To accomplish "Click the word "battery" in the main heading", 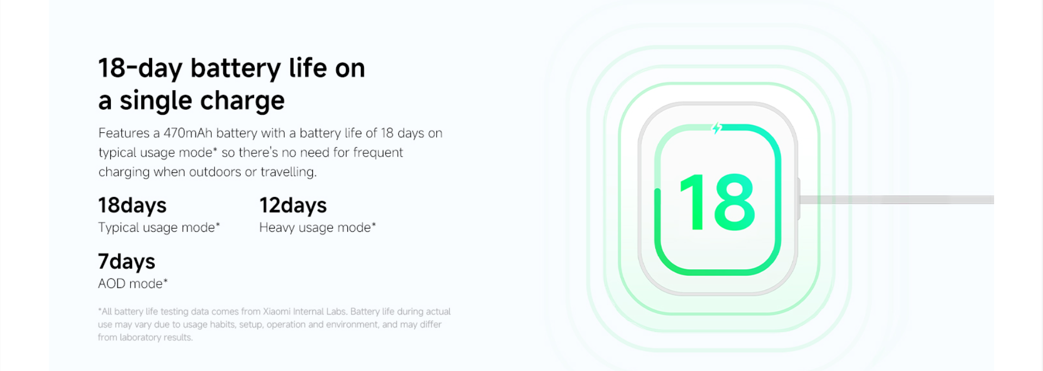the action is point(235,69).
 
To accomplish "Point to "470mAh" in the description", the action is point(188,133).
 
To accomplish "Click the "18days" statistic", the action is point(132,206).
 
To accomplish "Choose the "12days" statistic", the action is point(293,206).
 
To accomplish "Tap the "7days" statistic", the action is point(127,262).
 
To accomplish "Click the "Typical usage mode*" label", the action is point(159,227).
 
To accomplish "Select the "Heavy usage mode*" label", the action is point(317,227).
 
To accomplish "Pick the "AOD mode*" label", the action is point(133,283).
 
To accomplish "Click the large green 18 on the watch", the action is point(717,202).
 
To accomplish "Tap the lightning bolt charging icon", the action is point(717,128).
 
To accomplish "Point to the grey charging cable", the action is point(896,200).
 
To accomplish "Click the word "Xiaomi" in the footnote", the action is point(277,312).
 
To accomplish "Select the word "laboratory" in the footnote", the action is point(140,338).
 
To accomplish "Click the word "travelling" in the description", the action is point(288,172).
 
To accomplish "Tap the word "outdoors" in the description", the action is point(214,172).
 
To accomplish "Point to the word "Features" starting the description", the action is point(124,133).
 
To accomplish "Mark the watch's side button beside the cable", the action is point(799,199).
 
